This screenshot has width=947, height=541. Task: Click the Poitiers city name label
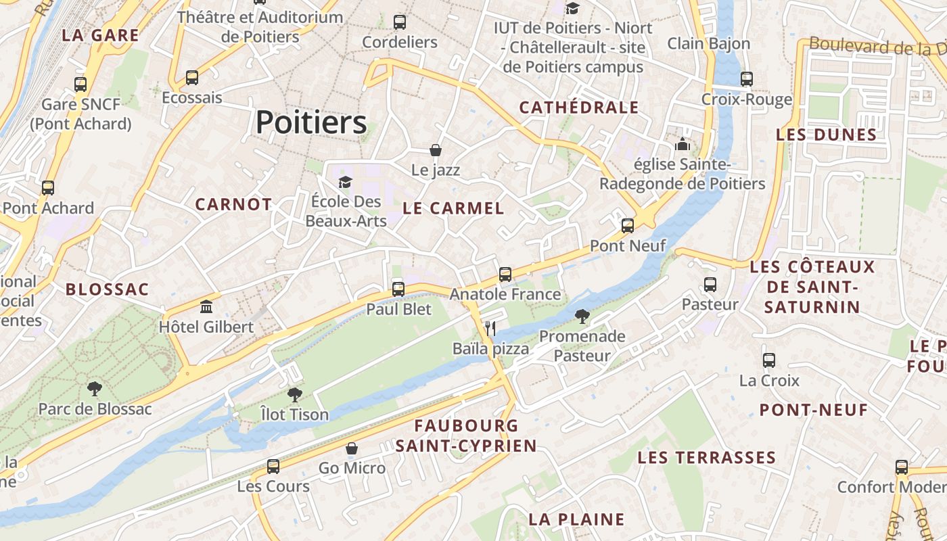[311, 122]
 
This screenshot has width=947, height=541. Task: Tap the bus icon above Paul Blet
[398, 289]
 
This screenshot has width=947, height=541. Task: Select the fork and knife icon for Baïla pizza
[490, 329]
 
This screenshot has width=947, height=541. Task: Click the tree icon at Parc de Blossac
[95, 389]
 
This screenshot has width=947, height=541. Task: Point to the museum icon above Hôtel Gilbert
[206, 306]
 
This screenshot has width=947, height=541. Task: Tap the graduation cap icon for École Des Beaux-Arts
[346, 182]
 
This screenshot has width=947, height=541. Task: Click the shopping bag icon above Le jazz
[436, 149]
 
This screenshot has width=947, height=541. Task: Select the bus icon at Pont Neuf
[628, 225]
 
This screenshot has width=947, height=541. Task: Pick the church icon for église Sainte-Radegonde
[682, 145]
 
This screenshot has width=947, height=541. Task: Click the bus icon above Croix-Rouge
[747, 79]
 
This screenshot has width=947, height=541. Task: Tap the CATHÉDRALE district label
[579, 108]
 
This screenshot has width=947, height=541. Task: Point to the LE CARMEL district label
[453, 208]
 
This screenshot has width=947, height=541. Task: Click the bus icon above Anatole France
[505, 274]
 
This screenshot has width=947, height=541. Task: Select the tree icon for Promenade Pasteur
[582, 316]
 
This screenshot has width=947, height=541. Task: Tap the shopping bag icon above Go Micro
[352, 448]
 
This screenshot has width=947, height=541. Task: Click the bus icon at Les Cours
[273, 466]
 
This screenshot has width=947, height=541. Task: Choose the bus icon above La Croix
[769, 360]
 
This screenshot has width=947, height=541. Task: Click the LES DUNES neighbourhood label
[826, 135]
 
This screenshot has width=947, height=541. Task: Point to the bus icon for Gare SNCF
[80, 85]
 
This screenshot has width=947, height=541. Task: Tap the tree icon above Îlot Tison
[294, 394]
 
